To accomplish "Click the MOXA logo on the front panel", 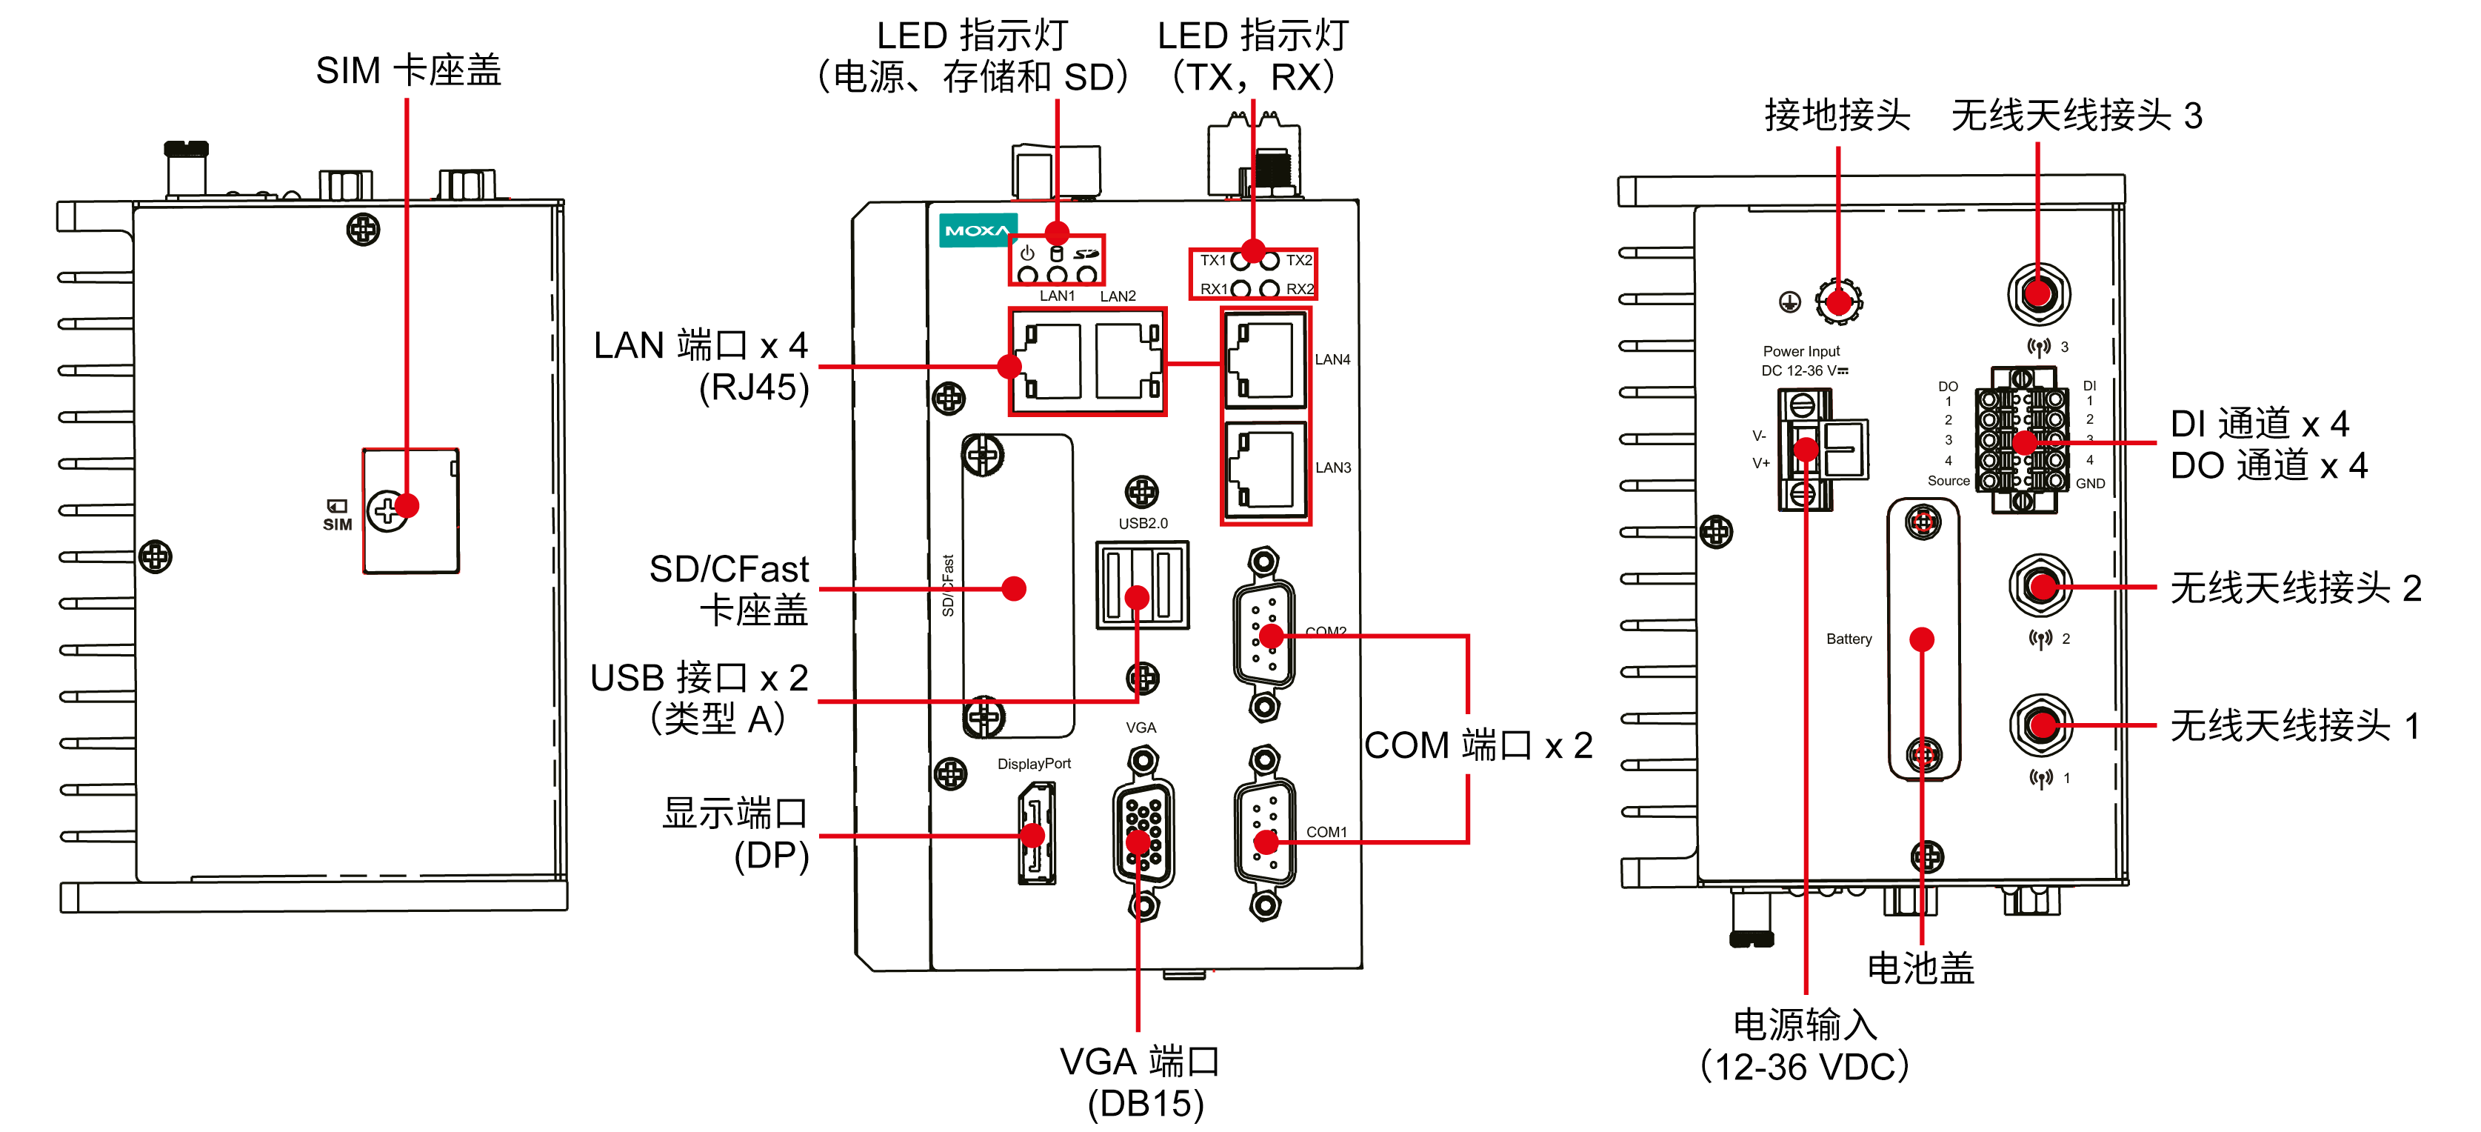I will pyautogui.click(x=977, y=230).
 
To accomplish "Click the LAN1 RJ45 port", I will pyautogui.click(x=1050, y=362).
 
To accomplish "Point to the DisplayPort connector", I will pyautogui.click(x=1036, y=833).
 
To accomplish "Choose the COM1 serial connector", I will pyautogui.click(x=1265, y=833).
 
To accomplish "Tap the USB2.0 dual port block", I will pyautogui.click(x=1142, y=585).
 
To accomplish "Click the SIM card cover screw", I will pyautogui.click(x=387, y=510).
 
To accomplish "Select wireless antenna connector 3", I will pyautogui.click(x=2038, y=294).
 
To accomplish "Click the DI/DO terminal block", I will pyautogui.click(x=2022, y=440).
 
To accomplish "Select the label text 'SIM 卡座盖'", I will pyautogui.click(x=408, y=70).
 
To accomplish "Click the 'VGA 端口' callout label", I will pyautogui.click(x=1141, y=1062).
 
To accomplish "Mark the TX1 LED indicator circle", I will pyautogui.click(x=1241, y=260).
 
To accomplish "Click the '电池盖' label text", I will pyautogui.click(x=1920, y=968).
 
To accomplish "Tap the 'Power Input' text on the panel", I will pyautogui.click(x=1801, y=352).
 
